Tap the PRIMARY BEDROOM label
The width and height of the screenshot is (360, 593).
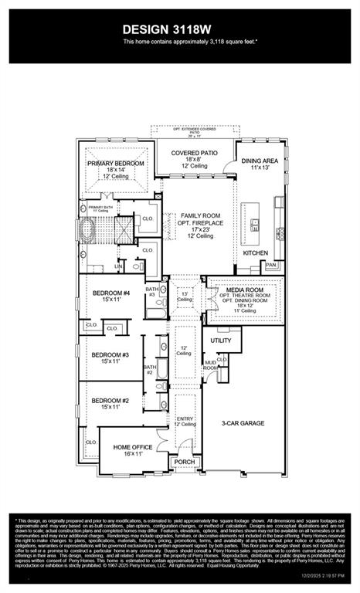point(115,164)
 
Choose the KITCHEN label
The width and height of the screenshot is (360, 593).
point(256,252)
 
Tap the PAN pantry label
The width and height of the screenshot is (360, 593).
point(270,265)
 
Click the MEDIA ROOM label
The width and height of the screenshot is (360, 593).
point(245,288)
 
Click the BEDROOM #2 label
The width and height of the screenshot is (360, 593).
point(109,401)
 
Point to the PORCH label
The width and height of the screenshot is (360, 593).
point(184,463)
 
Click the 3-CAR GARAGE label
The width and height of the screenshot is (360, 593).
point(243,423)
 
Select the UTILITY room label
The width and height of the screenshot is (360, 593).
point(221,339)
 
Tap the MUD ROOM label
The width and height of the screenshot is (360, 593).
point(209,365)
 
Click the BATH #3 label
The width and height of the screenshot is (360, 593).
point(152,292)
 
